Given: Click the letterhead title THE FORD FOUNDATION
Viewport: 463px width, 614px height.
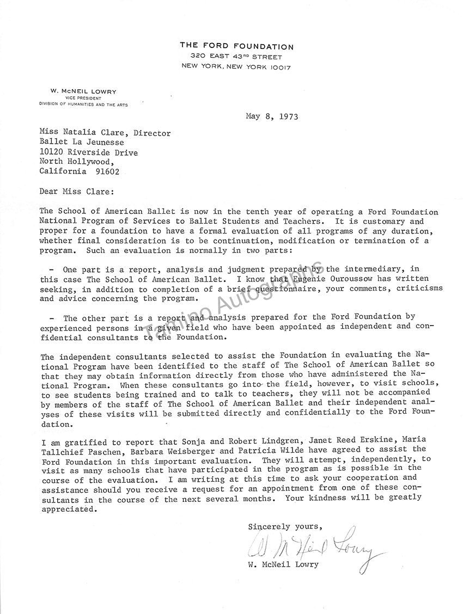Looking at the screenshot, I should click(x=236, y=46).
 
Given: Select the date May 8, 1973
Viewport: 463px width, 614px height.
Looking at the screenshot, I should click(x=272, y=116).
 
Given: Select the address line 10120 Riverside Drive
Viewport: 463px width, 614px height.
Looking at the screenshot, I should click(x=88, y=152).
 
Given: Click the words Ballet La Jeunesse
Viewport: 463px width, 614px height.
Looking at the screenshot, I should click(x=82, y=143).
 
